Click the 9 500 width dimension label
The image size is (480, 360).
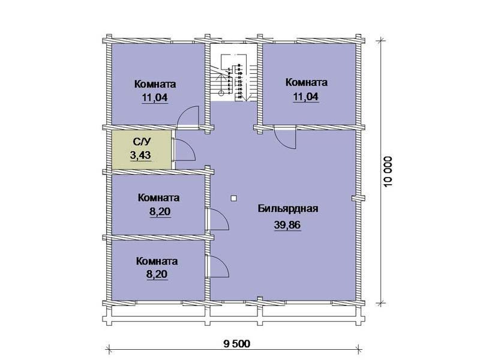236,343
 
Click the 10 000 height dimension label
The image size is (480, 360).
388,172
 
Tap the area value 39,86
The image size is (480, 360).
287,225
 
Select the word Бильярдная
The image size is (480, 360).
288,209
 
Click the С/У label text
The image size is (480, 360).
142,142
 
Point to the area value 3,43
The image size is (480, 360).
140,155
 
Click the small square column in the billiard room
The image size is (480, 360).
233,199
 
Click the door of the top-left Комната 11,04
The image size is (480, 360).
188,116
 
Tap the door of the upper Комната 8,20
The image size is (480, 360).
218,219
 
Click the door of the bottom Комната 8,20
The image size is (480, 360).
218,266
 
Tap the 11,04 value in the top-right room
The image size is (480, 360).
306,97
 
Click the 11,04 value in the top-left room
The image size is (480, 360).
155,98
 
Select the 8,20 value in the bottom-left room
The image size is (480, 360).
157,274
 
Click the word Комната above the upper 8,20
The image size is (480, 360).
158,198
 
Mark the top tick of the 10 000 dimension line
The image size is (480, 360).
381,40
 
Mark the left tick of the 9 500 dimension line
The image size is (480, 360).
108,349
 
